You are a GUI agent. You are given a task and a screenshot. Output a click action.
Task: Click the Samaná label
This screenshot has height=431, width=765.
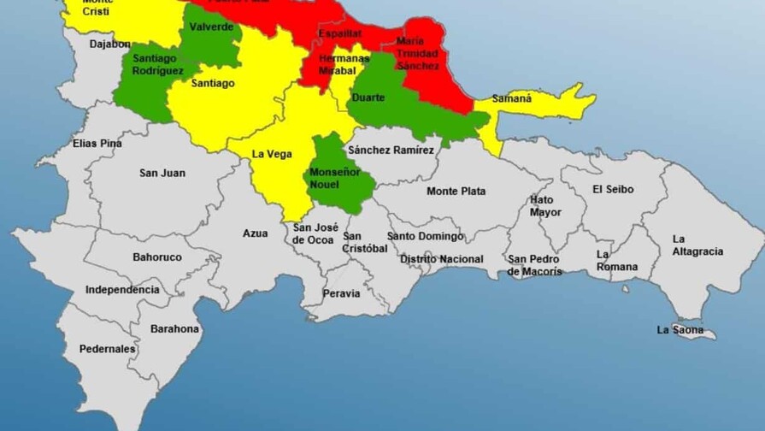(x=511, y=99)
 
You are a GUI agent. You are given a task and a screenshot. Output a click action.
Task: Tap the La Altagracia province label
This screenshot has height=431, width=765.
(x=697, y=245)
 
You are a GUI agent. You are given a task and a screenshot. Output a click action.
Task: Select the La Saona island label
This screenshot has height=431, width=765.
(x=680, y=330)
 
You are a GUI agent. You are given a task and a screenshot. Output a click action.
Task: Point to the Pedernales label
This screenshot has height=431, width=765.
(x=107, y=349)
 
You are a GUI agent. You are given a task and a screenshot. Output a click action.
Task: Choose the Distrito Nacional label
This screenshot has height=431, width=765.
(x=441, y=259)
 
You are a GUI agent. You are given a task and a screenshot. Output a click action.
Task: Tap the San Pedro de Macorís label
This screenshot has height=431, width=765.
(x=535, y=265)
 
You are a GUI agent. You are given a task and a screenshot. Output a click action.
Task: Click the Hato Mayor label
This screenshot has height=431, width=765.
(x=546, y=206)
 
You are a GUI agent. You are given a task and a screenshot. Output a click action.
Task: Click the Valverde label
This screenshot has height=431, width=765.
(x=211, y=27)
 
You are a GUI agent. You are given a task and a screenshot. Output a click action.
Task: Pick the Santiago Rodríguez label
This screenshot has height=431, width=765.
(x=157, y=64)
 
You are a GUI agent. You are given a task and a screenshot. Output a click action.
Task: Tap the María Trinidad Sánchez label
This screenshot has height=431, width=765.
(x=418, y=53)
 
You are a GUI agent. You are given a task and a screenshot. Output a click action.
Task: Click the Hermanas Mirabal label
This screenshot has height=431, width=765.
(x=336, y=65)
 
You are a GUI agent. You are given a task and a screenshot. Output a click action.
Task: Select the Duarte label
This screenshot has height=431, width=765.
(x=368, y=97)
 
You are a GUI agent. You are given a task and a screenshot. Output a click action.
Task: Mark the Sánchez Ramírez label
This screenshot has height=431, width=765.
(x=391, y=151)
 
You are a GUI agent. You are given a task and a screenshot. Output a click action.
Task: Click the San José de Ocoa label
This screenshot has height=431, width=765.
(x=313, y=233)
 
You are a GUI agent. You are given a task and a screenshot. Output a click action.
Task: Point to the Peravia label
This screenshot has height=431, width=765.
(x=341, y=293)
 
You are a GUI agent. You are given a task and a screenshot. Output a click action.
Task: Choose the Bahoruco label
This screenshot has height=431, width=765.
(x=156, y=257)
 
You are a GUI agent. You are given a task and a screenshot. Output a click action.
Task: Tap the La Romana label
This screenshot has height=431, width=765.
(x=616, y=261)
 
